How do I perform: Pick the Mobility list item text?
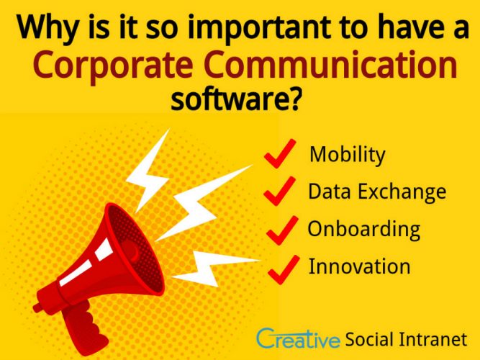point(347,155)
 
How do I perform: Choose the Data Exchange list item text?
point(377,192)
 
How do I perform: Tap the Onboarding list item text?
point(364,229)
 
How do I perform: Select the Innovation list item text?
point(360,266)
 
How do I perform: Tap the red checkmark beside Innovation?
point(282,267)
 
